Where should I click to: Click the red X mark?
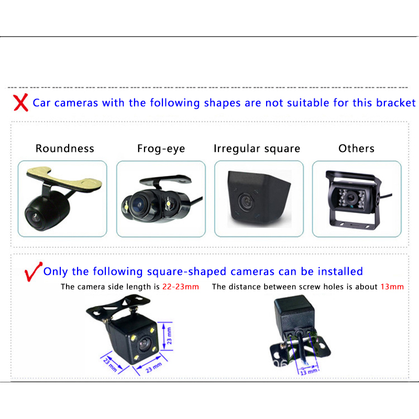(x=20, y=102)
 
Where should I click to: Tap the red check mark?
(x=32, y=272)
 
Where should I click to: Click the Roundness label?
(x=64, y=148)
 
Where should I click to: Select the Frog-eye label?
(x=161, y=149)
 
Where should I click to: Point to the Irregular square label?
(x=257, y=149)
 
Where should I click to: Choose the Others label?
(x=356, y=148)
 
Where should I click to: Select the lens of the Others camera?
(x=350, y=198)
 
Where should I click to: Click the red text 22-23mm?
(x=181, y=286)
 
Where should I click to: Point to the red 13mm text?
(x=392, y=286)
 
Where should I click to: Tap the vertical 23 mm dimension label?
(x=169, y=336)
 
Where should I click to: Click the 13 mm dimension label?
(x=309, y=372)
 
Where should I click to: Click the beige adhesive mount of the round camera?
(x=64, y=179)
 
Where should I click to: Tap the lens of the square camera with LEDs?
(x=145, y=344)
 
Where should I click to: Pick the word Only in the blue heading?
(x=56, y=271)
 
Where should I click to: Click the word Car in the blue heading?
(x=41, y=103)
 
